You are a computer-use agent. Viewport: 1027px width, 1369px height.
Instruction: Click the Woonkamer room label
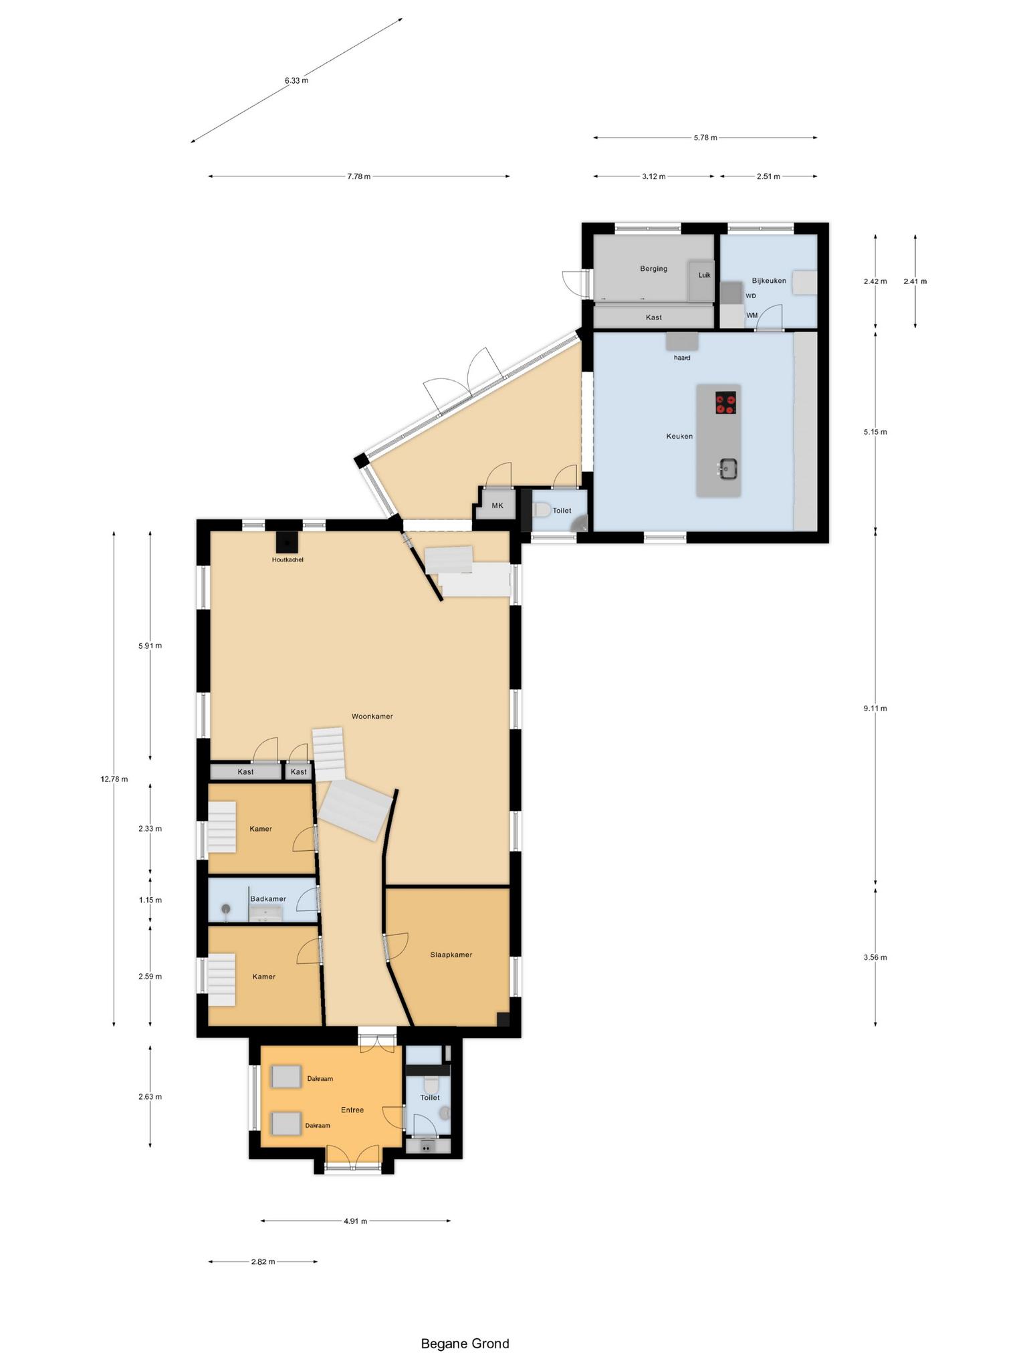tap(372, 717)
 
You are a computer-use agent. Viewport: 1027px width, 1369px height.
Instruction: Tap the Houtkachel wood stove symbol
tap(288, 542)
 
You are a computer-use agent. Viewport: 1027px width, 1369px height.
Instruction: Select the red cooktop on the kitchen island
tap(725, 402)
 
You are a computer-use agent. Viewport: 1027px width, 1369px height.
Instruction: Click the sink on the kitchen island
tap(727, 468)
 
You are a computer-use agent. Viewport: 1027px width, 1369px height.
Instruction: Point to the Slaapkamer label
tap(451, 955)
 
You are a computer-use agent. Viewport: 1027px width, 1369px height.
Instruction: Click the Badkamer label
tap(268, 898)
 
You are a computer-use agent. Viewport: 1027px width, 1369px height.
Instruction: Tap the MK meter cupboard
tap(497, 506)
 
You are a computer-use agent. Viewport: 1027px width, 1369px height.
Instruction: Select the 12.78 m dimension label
tap(114, 779)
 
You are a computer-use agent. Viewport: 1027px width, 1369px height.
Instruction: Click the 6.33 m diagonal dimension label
tap(296, 81)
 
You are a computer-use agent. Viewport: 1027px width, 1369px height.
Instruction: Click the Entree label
tap(352, 1110)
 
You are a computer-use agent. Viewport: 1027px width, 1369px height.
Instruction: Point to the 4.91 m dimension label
tap(355, 1221)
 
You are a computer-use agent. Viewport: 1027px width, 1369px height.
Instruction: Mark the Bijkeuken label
tap(769, 281)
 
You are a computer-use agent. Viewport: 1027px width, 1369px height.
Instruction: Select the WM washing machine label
tap(752, 315)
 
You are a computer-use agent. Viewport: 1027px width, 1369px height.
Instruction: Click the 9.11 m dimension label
tap(875, 709)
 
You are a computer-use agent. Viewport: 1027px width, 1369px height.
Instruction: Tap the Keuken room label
tap(679, 437)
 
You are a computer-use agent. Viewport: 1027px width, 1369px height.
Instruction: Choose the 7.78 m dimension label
tap(358, 176)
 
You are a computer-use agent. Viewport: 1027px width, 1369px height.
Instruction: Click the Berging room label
tap(653, 269)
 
